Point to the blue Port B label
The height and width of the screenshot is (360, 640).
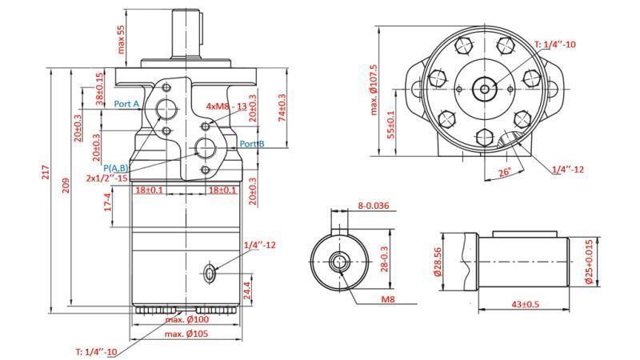[252, 144]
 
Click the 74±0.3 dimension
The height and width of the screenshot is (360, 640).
[282, 108]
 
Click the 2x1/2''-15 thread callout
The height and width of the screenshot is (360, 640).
[110, 178]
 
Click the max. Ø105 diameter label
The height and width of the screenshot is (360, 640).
[186, 334]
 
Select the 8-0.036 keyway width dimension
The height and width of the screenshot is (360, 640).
[374, 206]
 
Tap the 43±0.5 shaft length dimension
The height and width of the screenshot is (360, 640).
[526, 304]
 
